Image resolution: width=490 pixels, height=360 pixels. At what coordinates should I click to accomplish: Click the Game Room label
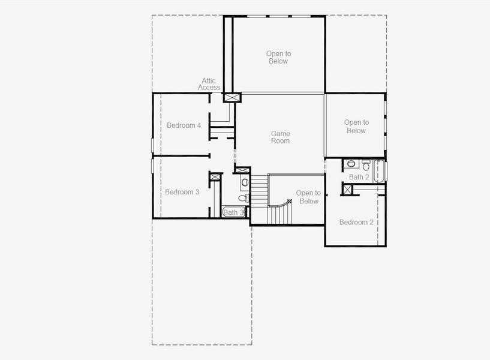point(280,137)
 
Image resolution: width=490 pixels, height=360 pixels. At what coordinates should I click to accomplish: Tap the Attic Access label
point(209,84)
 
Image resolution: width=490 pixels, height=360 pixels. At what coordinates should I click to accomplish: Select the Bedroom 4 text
point(184,125)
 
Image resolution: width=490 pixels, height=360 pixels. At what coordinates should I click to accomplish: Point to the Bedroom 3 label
point(182,192)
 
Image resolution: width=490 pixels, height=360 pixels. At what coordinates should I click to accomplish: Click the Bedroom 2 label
point(356,222)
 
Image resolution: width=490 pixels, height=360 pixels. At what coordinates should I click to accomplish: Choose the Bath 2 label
point(359,177)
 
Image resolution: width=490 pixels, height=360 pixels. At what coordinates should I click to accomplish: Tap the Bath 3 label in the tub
point(233,212)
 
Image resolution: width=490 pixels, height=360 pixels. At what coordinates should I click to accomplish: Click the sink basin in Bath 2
point(351,163)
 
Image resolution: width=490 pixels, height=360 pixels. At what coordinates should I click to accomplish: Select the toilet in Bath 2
point(366,164)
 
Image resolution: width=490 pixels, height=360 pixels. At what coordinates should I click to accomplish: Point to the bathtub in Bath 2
point(379,170)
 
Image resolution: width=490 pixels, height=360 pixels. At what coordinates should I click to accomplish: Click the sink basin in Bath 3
point(245,182)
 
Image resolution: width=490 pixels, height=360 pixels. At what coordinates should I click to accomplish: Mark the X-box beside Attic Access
point(232,97)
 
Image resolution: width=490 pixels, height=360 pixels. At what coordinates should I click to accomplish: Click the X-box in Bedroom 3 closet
point(215,177)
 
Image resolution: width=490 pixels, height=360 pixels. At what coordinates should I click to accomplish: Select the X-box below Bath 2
point(347,190)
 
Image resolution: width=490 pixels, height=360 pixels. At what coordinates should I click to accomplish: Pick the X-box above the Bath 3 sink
point(242,170)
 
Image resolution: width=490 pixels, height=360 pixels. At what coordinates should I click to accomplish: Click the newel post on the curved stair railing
point(290,202)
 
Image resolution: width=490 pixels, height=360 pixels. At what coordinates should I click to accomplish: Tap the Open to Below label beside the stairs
point(308,197)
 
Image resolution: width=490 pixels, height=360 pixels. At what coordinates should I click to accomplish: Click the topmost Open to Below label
point(278,57)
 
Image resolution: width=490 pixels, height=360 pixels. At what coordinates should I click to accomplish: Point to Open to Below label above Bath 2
point(356,127)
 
